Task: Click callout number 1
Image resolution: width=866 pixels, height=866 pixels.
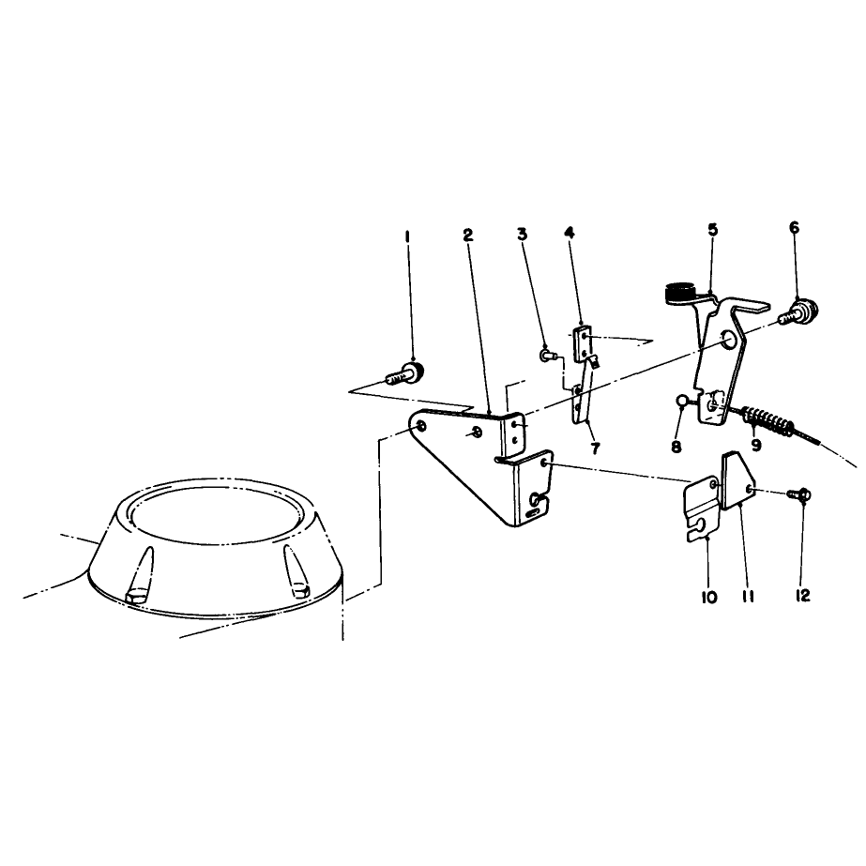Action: [407, 237]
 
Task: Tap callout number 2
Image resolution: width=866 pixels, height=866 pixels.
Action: [468, 235]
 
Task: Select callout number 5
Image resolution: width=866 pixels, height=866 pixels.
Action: [712, 229]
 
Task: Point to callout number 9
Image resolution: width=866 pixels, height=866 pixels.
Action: [756, 445]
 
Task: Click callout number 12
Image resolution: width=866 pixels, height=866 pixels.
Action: [802, 596]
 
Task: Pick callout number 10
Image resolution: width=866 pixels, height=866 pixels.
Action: [709, 597]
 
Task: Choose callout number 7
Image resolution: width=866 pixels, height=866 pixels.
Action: [595, 449]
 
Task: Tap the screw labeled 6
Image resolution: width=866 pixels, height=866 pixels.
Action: [798, 312]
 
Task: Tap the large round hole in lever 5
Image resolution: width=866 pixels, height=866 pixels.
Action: [729, 341]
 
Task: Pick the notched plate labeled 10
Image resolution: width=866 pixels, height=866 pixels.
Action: [703, 510]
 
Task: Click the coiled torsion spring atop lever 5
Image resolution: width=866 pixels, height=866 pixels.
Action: [680, 293]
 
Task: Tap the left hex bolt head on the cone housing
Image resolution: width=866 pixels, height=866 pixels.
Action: [136, 598]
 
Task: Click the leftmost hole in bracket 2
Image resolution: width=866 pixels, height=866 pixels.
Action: [421, 425]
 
